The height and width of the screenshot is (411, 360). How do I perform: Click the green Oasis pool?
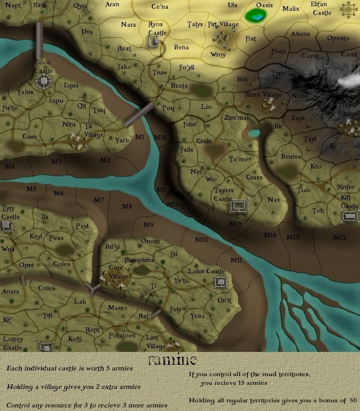click(256, 16)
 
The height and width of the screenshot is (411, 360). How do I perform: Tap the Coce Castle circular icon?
click(43, 80)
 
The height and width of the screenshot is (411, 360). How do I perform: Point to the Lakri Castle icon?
click(221, 282)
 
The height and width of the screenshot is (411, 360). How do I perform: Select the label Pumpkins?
click(139, 260)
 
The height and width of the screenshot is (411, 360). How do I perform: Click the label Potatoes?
click(122, 335)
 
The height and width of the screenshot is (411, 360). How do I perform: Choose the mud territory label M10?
click(201, 240)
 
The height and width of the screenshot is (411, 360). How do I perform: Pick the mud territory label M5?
click(31, 189)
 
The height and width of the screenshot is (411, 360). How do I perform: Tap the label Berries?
click(291, 156)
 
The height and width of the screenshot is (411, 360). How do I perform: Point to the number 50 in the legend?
click(352, 400)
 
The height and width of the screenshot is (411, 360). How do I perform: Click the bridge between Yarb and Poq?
click(139, 115)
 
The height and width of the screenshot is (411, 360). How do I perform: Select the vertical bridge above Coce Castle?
click(39, 41)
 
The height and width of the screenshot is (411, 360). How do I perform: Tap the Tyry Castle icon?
click(6, 226)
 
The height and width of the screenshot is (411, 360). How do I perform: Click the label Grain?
click(204, 141)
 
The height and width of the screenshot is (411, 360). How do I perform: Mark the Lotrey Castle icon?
click(46, 347)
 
